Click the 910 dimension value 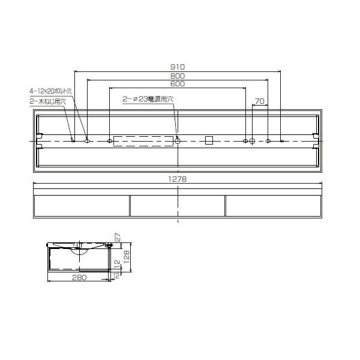click(x=178, y=67)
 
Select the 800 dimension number click(x=178, y=76)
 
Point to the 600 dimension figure click(x=178, y=85)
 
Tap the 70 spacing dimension click(x=260, y=101)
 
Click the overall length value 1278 click(x=178, y=179)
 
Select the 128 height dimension click(x=127, y=256)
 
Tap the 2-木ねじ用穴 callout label click(x=47, y=101)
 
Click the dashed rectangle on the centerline click(x=143, y=140)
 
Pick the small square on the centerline click(x=209, y=140)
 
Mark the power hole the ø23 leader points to click(x=178, y=140)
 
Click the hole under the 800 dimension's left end click(x=87, y=140)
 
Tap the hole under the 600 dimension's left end click(x=109, y=141)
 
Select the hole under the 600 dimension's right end click(x=245, y=141)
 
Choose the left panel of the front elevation click(x=82, y=205)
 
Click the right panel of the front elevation click(x=274, y=205)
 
